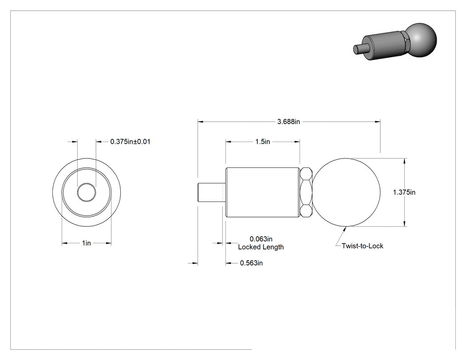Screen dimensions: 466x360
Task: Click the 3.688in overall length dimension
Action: [x=288, y=122]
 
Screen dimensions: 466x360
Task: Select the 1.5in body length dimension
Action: [x=262, y=142]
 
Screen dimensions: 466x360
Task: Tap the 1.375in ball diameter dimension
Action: [x=404, y=192]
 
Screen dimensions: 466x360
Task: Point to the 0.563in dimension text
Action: [x=251, y=263]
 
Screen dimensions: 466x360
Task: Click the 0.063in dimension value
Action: [x=261, y=239]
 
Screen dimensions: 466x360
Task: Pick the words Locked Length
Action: [x=261, y=247]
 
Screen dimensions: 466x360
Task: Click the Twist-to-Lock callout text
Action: [x=362, y=246]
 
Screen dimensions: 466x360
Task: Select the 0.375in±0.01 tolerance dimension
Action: [x=130, y=142]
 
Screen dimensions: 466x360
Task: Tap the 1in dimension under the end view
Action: [x=87, y=243]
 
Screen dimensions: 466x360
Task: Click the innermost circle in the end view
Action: [x=87, y=183]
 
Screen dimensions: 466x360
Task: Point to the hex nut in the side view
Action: [x=306, y=192]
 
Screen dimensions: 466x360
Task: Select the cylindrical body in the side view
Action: [x=262, y=192]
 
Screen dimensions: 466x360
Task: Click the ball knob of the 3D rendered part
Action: [x=421, y=40]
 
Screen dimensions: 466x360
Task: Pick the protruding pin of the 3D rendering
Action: [x=358, y=49]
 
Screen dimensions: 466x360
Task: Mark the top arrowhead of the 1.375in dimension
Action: [x=404, y=161]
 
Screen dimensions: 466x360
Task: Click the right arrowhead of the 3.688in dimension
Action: [x=377, y=122]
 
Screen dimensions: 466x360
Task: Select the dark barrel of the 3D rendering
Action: [x=383, y=47]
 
